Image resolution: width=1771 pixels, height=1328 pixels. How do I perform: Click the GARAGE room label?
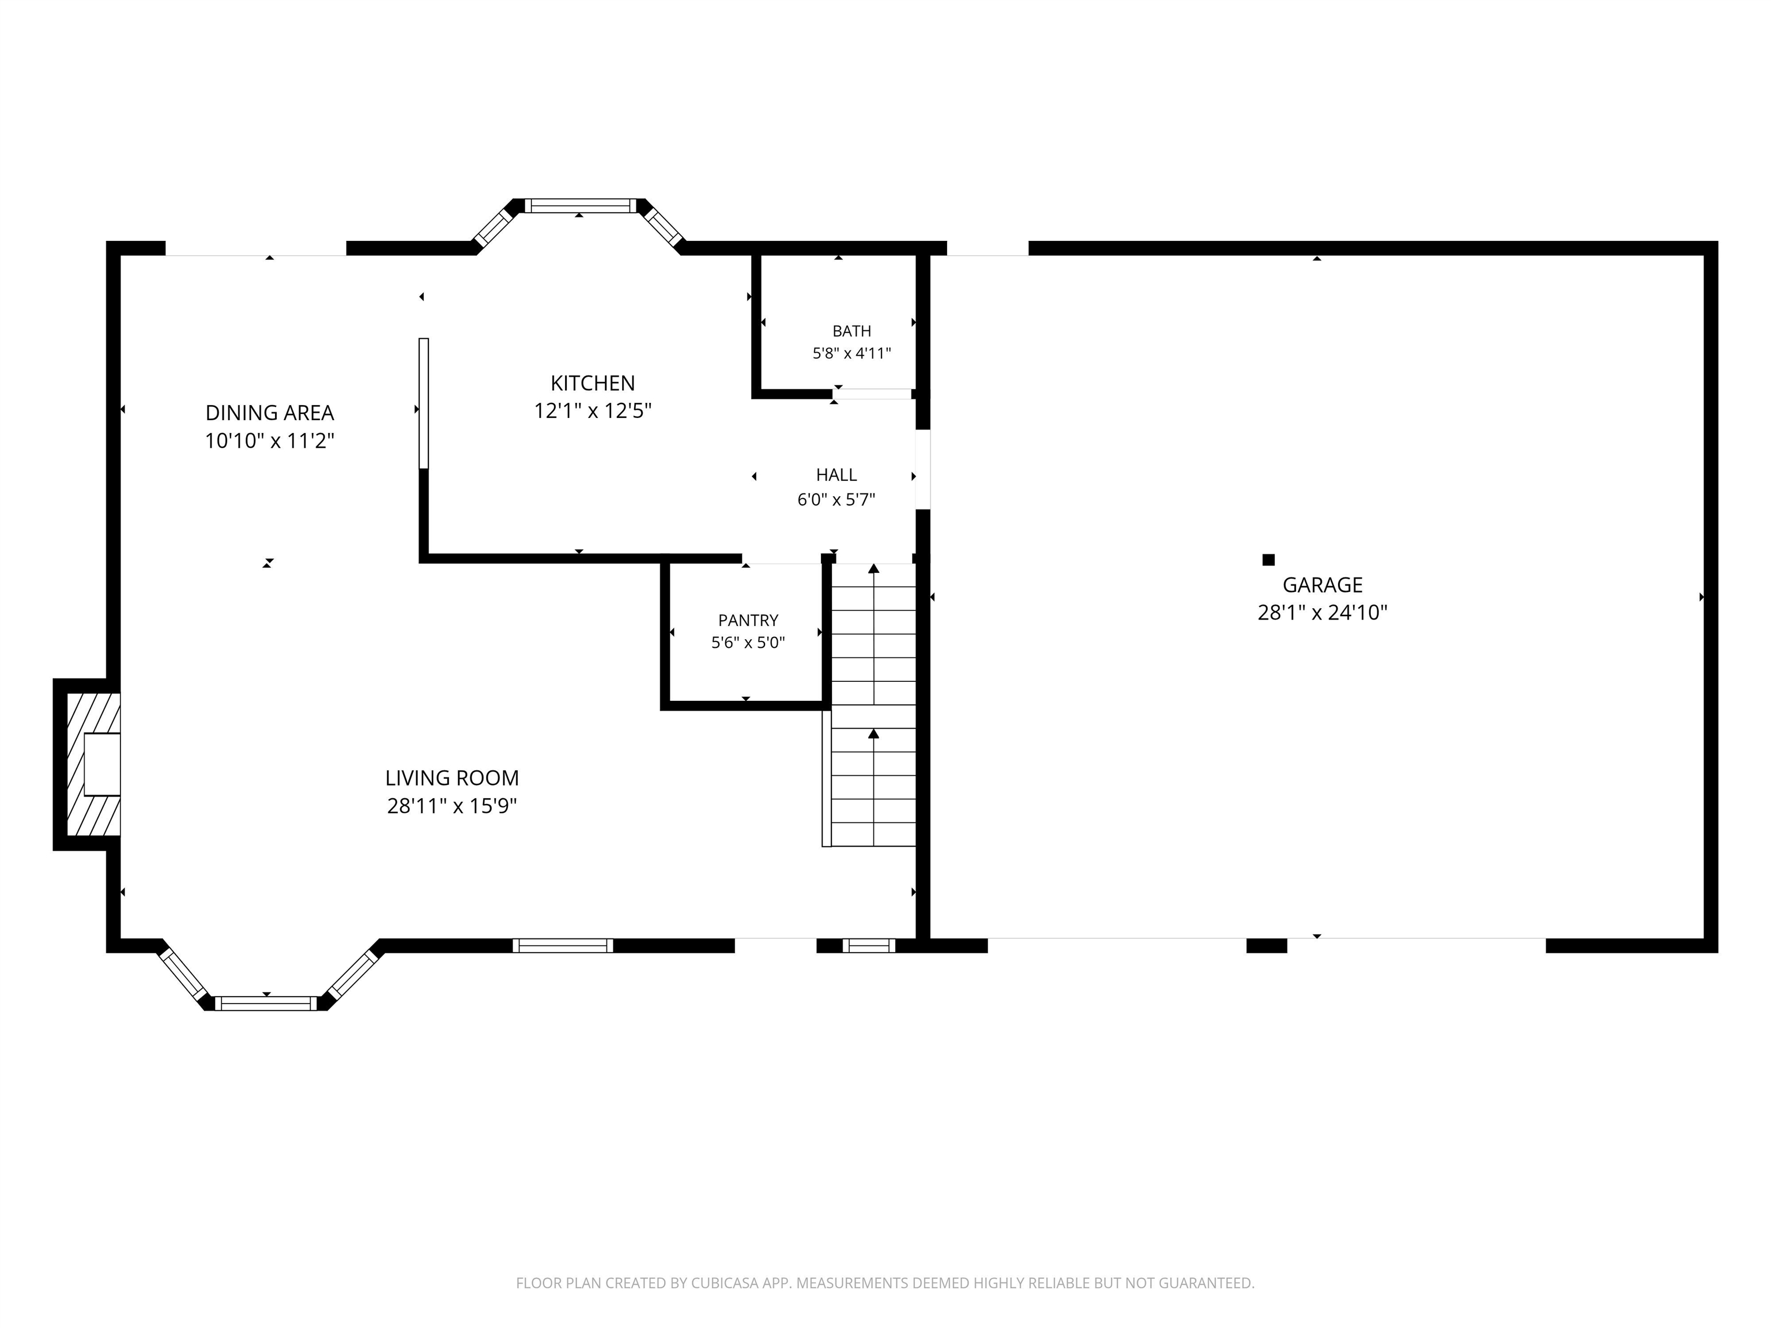click(1322, 584)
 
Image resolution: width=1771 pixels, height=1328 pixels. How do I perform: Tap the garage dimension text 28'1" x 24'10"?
click(1322, 612)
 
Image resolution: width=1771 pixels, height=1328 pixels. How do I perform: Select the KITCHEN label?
click(593, 383)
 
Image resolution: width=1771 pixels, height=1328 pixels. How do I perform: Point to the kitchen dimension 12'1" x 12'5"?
click(593, 410)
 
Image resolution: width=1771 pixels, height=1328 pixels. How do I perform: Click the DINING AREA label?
click(270, 413)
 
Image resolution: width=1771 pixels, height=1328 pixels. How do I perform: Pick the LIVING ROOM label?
click(453, 778)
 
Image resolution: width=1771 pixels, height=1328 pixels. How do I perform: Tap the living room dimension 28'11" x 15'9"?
click(453, 805)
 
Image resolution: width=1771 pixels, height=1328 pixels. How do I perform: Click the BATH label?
click(852, 331)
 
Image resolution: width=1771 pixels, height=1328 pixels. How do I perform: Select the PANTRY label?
click(748, 620)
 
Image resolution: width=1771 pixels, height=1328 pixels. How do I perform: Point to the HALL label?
click(836, 475)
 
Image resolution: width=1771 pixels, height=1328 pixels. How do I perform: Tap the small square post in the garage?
click(1268, 560)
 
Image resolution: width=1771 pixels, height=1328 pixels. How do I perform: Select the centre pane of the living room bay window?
click(266, 1003)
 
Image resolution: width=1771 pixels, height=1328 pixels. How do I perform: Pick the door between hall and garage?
click(923, 469)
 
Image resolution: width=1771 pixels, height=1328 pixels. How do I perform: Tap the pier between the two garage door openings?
click(1267, 945)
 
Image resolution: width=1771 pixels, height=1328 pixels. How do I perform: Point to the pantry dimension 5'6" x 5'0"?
click(748, 642)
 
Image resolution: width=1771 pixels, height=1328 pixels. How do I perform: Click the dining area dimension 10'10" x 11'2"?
click(270, 441)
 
